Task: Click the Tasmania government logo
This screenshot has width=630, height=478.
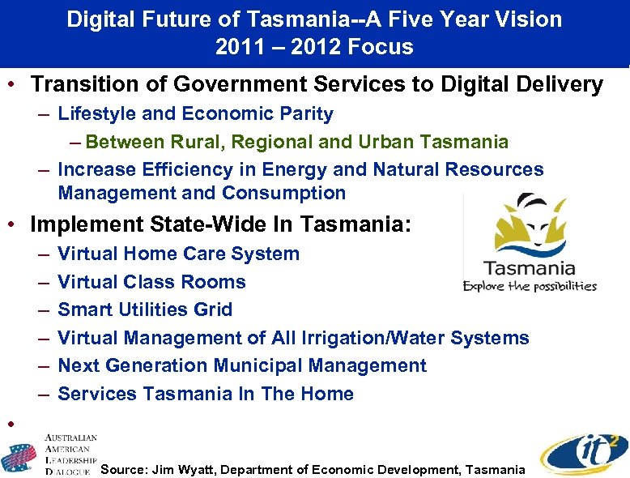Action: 530,243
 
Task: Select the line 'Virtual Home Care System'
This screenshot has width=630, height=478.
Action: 178,254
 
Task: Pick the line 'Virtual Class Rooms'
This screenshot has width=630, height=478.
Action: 151,282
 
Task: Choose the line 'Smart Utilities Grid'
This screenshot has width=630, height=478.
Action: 145,309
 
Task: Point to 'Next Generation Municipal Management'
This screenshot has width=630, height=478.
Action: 242,365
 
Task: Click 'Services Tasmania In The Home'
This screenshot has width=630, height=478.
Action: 206,394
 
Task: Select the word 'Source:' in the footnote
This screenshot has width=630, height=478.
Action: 123,470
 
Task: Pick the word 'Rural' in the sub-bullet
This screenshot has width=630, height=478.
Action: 198,143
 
